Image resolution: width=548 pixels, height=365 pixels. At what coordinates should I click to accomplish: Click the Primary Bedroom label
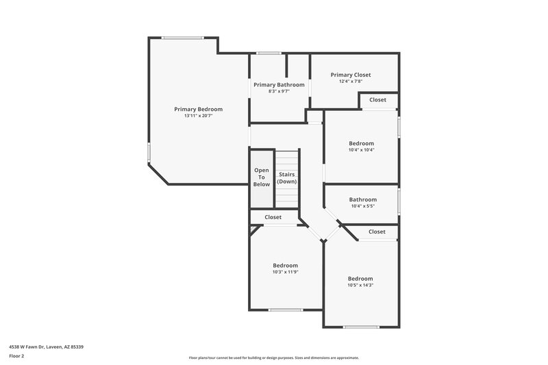click(x=198, y=109)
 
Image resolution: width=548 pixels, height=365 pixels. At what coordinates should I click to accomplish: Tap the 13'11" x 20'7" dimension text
click(x=198, y=116)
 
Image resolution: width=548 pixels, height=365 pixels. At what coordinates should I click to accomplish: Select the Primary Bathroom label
click(x=279, y=84)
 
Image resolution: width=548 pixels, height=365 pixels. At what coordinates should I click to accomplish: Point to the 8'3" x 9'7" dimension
click(x=279, y=91)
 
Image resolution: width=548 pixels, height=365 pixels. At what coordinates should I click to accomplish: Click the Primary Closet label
click(x=351, y=75)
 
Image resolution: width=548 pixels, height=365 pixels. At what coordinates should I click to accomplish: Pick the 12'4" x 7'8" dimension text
click(x=351, y=81)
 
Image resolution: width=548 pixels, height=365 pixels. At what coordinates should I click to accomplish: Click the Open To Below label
click(x=262, y=177)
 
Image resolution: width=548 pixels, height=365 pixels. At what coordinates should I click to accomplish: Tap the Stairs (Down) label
click(x=287, y=178)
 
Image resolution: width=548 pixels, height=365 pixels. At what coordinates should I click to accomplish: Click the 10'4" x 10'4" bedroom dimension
click(x=361, y=150)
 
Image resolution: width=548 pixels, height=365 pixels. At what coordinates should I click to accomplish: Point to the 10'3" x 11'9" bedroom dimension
click(x=285, y=272)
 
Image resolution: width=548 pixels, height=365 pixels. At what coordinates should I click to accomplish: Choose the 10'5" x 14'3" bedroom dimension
click(x=360, y=285)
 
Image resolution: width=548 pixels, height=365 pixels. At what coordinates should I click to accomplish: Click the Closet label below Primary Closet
click(x=377, y=99)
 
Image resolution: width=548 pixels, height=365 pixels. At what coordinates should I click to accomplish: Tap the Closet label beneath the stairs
click(x=273, y=217)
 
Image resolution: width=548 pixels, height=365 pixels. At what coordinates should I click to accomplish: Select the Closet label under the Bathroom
click(x=377, y=231)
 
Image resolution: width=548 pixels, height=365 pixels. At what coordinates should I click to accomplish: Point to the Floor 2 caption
click(x=16, y=356)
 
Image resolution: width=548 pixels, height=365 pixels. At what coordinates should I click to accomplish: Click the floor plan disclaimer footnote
click(x=273, y=357)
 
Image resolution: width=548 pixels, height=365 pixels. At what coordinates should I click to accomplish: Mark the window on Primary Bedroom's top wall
click(x=182, y=38)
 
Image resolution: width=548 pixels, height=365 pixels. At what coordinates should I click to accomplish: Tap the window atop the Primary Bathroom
click(x=269, y=53)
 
